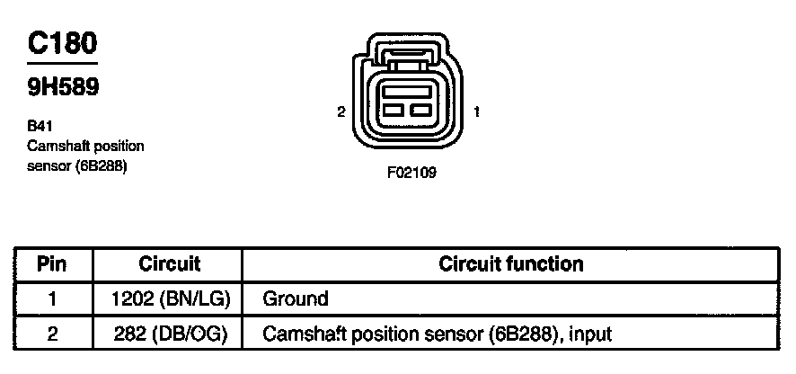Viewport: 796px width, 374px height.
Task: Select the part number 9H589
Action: point(62,87)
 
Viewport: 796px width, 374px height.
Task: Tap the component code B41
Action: point(40,127)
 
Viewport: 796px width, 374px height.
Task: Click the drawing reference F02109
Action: point(411,173)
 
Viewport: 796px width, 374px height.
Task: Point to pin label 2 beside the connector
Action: point(341,112)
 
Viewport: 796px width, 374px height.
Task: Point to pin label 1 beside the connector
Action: point(476,112)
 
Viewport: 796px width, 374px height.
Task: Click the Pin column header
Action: point(52,264)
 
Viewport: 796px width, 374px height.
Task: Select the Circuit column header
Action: point(169,264)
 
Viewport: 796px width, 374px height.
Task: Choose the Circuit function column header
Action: point(510,264)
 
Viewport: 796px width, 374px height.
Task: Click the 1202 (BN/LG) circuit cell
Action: point(169,298)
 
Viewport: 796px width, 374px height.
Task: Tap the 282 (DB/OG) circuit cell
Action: point(169,334)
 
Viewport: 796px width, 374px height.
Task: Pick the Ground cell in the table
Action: point(296,298)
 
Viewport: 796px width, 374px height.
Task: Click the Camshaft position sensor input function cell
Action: point(437,334)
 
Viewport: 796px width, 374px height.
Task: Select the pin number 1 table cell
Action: point(52,298)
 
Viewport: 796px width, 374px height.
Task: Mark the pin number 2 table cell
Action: point(52,334)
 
